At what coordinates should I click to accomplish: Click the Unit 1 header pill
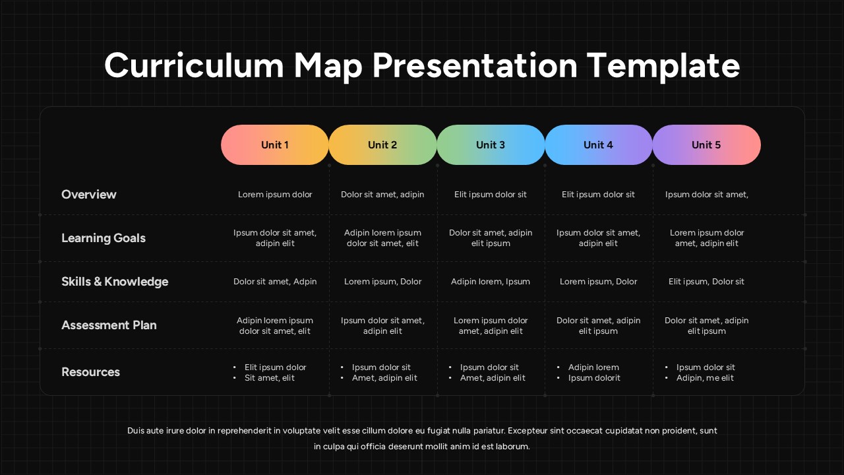275,145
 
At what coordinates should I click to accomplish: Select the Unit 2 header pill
382,145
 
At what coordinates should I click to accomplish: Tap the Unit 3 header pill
491,145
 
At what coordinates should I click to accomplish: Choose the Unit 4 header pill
598,145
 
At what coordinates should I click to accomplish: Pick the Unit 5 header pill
706,145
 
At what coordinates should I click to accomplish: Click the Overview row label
88,195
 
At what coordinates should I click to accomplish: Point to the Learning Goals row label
104,238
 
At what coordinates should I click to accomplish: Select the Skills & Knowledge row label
115,282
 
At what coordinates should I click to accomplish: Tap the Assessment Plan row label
109,325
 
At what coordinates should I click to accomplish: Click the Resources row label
90,372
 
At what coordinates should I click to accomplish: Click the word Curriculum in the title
193,66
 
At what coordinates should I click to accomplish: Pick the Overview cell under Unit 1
275,195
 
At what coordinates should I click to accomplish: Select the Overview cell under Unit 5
706,195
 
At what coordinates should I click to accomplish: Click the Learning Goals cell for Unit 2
382,238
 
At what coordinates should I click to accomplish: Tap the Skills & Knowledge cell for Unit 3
491,282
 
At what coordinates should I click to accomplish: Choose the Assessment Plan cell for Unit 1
275,326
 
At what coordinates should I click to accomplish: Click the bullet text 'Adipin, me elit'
705,378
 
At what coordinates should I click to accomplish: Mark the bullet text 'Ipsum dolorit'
594,378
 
